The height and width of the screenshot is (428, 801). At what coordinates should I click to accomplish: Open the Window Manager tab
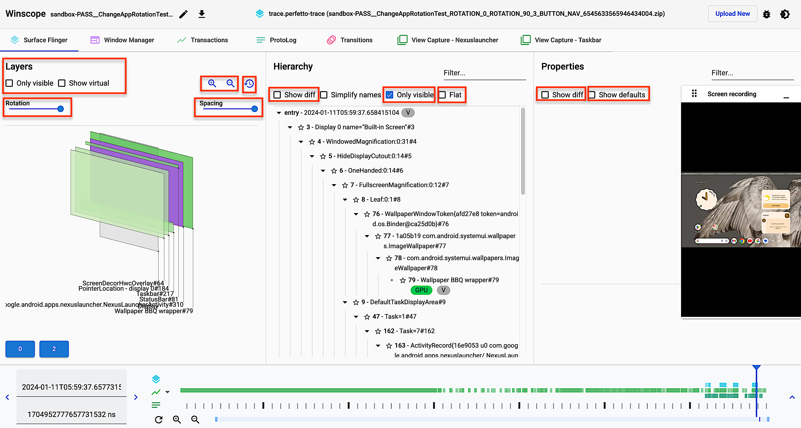pos(122,40)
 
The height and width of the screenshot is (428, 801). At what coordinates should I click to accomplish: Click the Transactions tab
pos(203,40)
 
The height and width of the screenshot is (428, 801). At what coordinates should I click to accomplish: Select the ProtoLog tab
pos(276,40)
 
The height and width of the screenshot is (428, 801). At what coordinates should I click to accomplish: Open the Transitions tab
pos(350,40)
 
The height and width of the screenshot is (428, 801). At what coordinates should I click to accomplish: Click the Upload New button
pos(732,14)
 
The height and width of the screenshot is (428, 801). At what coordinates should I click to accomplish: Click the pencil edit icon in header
pos(184,14)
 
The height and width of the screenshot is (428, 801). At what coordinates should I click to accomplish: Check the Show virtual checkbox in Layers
pos(62,83)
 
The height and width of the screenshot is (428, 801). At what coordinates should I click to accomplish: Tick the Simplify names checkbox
pos(324,95)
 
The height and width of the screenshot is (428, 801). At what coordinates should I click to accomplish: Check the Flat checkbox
pos(442,95)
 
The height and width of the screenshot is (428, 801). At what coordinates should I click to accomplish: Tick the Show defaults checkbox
pos(592,95)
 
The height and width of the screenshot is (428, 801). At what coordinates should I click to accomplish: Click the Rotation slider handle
pos(61,109)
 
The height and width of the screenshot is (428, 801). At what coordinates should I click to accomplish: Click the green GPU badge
pos(421,290)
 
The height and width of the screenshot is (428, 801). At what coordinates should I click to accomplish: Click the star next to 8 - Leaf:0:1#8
pos(356,200)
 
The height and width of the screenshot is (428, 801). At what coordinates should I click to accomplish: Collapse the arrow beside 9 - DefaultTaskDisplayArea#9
pos(345,302)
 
